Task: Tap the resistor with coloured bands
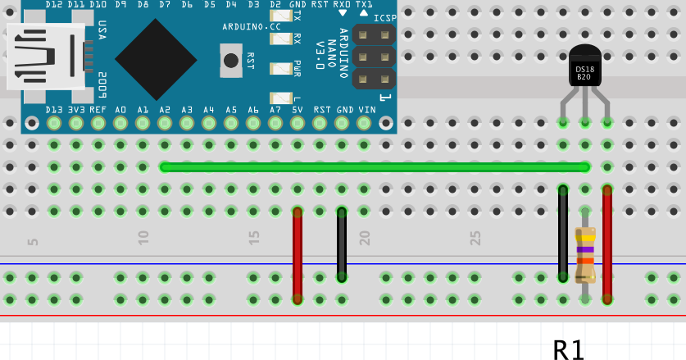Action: click(585, 253)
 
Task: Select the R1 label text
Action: click(569, 350)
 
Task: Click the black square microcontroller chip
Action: click(156, 59)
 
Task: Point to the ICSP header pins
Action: click(374, 57)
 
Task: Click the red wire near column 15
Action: click(298, 254)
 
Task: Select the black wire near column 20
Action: click(342, 244)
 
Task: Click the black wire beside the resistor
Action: click(563, 234)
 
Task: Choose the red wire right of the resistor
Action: click(607, 244)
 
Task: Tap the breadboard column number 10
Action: click(144, 238)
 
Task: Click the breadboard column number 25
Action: click(476, 238)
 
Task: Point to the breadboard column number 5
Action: click(34, 241)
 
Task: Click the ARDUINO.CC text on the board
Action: click(252, 27)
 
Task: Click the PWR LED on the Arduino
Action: click(281, 68)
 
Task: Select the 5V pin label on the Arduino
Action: click(298, 110)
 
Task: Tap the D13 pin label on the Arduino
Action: click(54, 110)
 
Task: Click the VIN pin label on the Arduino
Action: click(366, 110)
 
